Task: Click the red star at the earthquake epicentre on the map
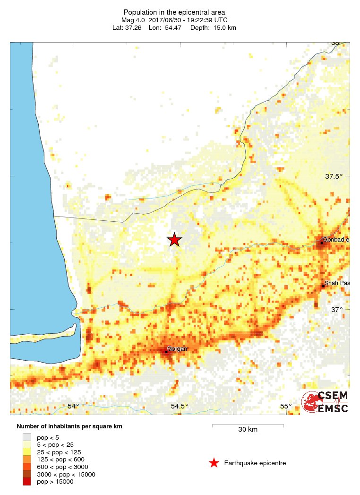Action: click(174, 240)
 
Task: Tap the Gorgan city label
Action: click(177, 349)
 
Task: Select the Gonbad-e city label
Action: click(336, 240)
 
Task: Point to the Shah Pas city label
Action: click(337, 283)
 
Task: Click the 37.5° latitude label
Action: click(334, 176)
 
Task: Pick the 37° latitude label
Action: click(336, 310)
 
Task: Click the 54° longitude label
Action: click(73, 406)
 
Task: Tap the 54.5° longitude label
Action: click(180, 406)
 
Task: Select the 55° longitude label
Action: click(285, 406)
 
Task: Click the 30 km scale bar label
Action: click(248, 429)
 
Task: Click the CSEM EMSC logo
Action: click(326, 402)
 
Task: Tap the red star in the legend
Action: click(214, 463)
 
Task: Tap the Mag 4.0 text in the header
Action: click(133, 20)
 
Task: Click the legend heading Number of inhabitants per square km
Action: click(69, 426)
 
